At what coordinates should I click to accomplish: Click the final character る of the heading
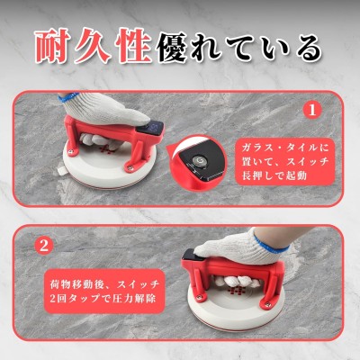[x=309, y=48]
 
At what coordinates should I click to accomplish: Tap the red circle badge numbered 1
[x=312, y=110]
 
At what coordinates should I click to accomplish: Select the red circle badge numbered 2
[x=44, y=246]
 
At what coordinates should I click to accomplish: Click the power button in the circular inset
[x=199, y=160]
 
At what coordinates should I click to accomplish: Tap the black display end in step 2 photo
[x=189, y=256]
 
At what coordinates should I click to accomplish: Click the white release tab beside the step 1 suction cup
[x=62, y=170]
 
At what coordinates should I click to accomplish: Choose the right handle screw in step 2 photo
[x=267, y=305]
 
